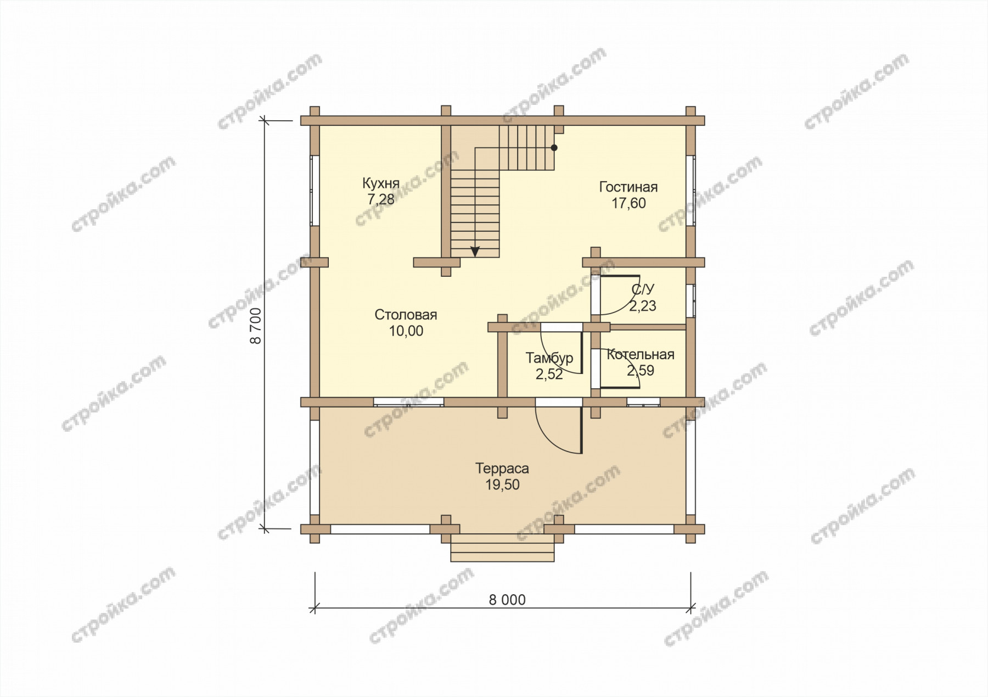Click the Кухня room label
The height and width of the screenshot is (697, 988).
[380, 183]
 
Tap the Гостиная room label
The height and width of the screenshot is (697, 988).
[628, 187]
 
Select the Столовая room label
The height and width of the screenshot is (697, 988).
[406, 315]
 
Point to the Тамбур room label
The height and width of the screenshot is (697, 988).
[549, 358]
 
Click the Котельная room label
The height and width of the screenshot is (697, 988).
[641, 355]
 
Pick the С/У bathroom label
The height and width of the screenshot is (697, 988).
[643, 289]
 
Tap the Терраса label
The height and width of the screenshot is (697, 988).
[502, 469]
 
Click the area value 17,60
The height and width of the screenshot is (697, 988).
[629, 203]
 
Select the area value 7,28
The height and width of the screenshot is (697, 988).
[381, 199]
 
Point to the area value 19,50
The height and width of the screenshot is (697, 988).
[502, 484]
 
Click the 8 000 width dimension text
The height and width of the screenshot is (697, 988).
[507, 600]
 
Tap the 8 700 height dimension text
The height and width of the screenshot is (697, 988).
[256, 326]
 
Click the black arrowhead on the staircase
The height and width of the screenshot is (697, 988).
[475, 252]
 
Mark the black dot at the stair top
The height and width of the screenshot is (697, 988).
[554, 148]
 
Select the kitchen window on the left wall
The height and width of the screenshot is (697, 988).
[315, 191]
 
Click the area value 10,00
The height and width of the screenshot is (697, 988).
[406, 331]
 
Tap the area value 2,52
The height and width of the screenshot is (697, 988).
[549, 374]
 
